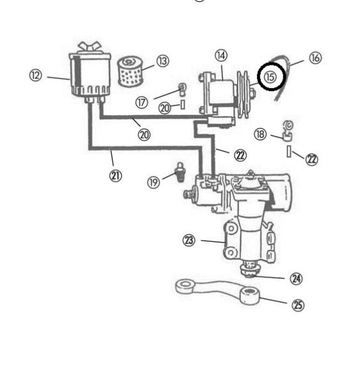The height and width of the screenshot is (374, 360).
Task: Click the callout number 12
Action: point(36,75)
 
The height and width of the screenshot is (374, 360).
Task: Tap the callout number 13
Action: point(163,61)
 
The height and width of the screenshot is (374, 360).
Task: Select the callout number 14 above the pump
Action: point(221,55)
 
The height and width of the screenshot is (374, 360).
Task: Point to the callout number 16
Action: point(315,58)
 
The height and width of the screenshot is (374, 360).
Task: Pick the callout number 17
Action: point(142,103)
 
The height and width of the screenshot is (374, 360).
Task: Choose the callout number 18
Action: point(260,134)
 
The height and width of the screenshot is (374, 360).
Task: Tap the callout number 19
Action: point(153,183)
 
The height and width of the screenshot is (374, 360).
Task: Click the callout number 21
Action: point(115,176)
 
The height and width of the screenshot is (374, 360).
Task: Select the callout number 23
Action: point(189,240)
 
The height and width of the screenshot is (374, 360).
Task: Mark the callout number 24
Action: point(296,279)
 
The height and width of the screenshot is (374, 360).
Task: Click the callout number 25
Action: point(298,305)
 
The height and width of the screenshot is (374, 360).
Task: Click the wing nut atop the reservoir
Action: point(89,46)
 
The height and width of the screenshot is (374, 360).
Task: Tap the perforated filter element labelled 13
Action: point(130,72)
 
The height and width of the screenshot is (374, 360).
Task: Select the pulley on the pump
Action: point(243,94)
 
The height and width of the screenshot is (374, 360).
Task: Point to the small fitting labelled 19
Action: point(180,172)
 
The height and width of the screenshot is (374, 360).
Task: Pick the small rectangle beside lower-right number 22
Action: point(289,151)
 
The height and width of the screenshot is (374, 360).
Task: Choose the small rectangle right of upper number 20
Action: point(183,105)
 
